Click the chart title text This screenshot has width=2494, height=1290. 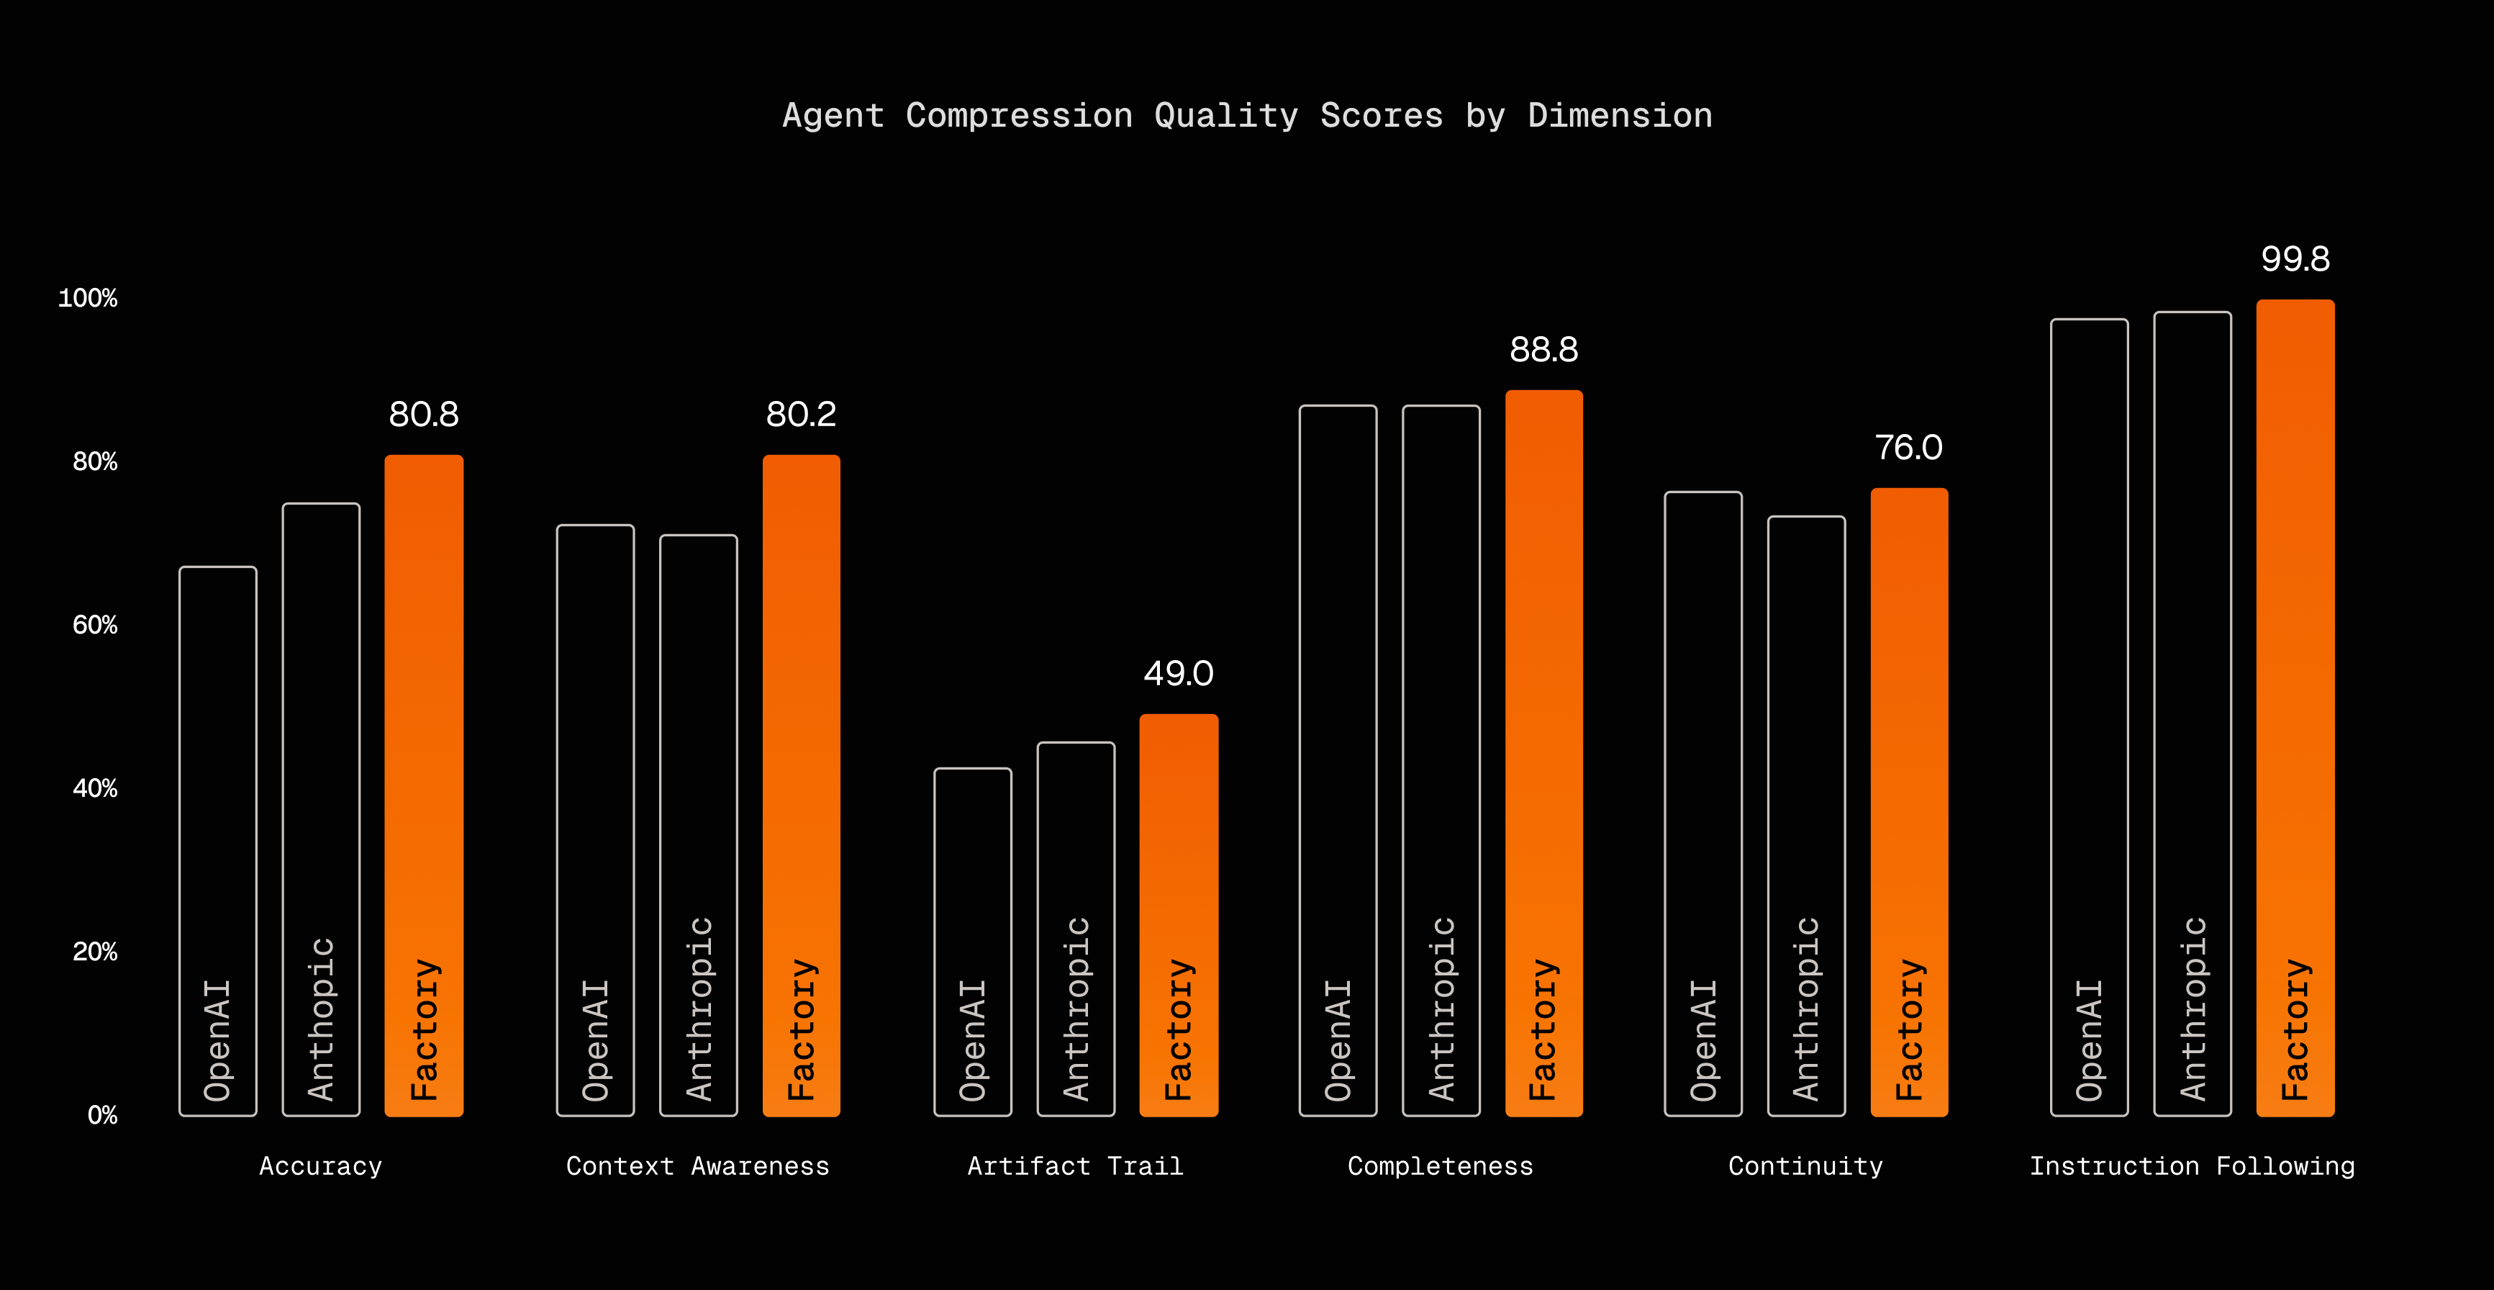pos(1247,116)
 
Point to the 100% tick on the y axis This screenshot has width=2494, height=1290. pos(88,298)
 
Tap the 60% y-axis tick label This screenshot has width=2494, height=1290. pos(95,626)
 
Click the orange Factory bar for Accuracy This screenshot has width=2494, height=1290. pos(424,785)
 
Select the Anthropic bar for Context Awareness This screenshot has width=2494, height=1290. pos(698,824)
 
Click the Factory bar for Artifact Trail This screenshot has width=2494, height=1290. pos(1178,914)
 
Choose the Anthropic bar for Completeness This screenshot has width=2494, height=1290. pos(1441,760)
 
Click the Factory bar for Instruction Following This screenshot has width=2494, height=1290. pos(2295,707)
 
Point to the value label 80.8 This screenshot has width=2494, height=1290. pos(424,415)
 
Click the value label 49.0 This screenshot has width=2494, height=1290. pos(1178,673)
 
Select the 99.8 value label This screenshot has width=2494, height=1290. pos(2295,258)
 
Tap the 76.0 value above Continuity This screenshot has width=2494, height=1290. pos(1908,448)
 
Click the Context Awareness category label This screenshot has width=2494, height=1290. pos(698,1166)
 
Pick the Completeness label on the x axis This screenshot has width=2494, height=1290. pos(1441,1166)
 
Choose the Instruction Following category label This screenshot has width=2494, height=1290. pos(2192,1166)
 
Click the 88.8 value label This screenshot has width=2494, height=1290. pos(1543,350)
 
